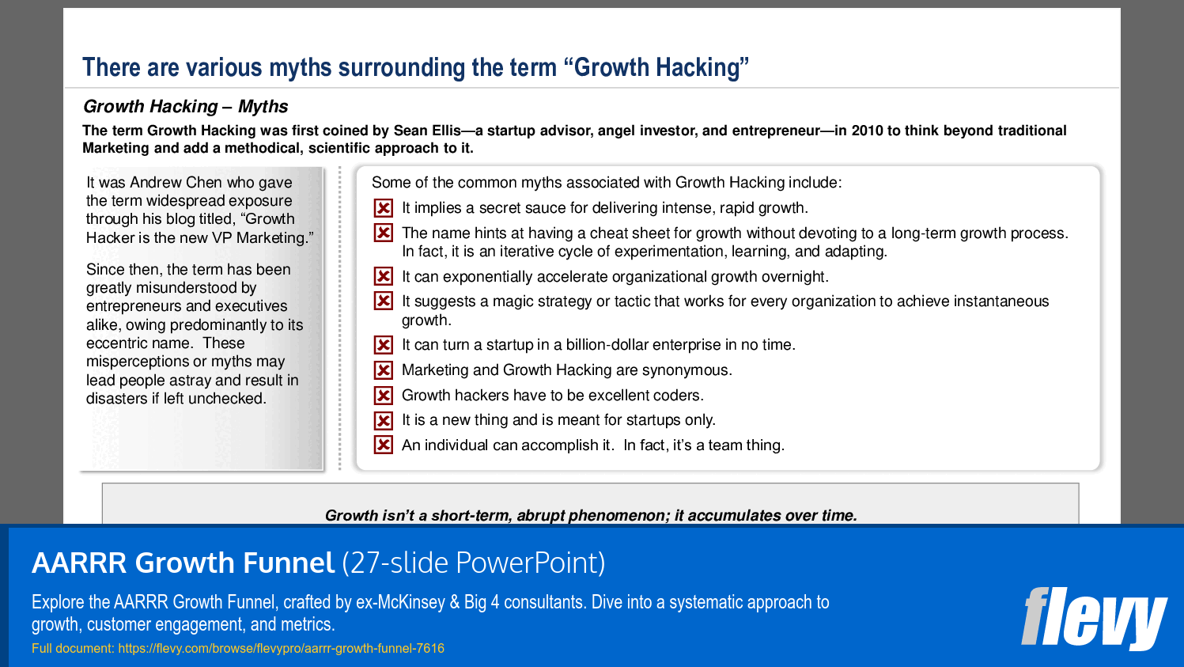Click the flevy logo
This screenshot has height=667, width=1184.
point(1094,618)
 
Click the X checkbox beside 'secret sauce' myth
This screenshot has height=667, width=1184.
point(384,208)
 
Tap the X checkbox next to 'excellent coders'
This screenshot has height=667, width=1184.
point(384,396)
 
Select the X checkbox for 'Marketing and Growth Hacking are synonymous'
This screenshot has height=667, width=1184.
point(384,370)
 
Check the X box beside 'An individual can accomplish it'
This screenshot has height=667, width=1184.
point(384,445)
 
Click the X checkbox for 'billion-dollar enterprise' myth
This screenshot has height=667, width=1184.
point(384,345)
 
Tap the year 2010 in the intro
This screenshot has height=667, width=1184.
point(867,131)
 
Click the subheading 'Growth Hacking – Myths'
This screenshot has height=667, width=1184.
point(185,106)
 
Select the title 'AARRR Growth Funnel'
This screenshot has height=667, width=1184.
point(183,563)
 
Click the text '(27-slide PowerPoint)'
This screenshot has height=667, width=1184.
point(474,563)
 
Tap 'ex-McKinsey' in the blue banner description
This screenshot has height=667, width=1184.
point(400,602)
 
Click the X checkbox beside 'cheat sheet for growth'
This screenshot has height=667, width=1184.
point(384,233)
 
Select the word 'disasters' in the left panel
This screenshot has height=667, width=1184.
point(116,399)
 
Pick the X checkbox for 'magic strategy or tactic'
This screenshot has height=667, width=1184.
point(384,301)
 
